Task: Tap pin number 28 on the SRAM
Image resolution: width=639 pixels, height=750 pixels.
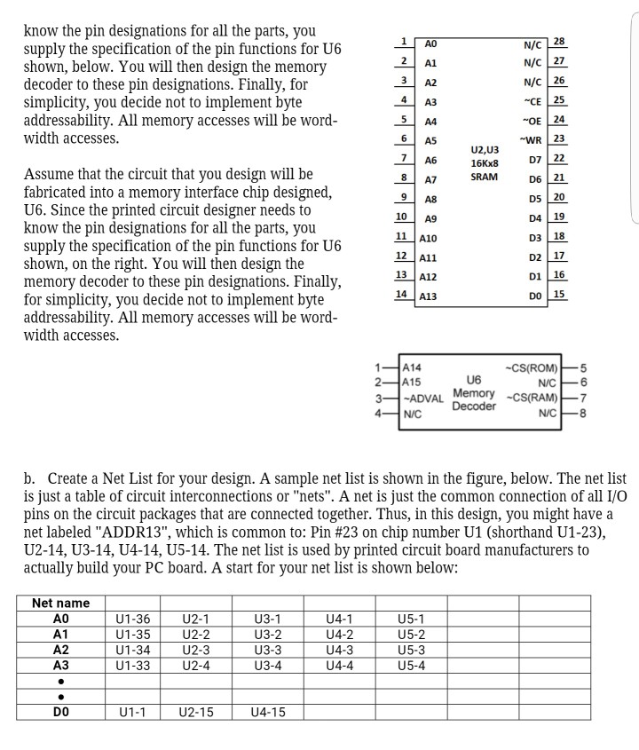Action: (x=558, y=42)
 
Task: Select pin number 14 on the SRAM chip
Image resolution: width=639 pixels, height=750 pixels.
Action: (x=400, y=294)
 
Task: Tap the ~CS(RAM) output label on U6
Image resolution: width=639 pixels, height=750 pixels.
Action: (x=532, y=396)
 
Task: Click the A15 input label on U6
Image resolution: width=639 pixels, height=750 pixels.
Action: (x=413, y=382)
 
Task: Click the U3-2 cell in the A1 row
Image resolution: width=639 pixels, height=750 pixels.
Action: (x=266, y=635)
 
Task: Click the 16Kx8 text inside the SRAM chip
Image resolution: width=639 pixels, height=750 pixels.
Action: (x=485, y=163)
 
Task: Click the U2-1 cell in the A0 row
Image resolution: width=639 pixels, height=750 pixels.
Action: (x=194, y=620)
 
